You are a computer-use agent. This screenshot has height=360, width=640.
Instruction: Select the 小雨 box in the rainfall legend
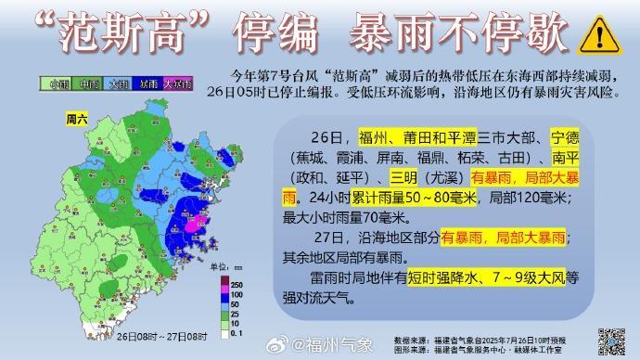coord(58,84)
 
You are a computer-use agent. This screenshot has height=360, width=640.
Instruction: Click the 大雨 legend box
coord(118,84)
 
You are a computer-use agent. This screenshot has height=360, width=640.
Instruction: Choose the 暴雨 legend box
coord(147,84)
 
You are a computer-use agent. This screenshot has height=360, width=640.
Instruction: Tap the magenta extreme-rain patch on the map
coord(196,224)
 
